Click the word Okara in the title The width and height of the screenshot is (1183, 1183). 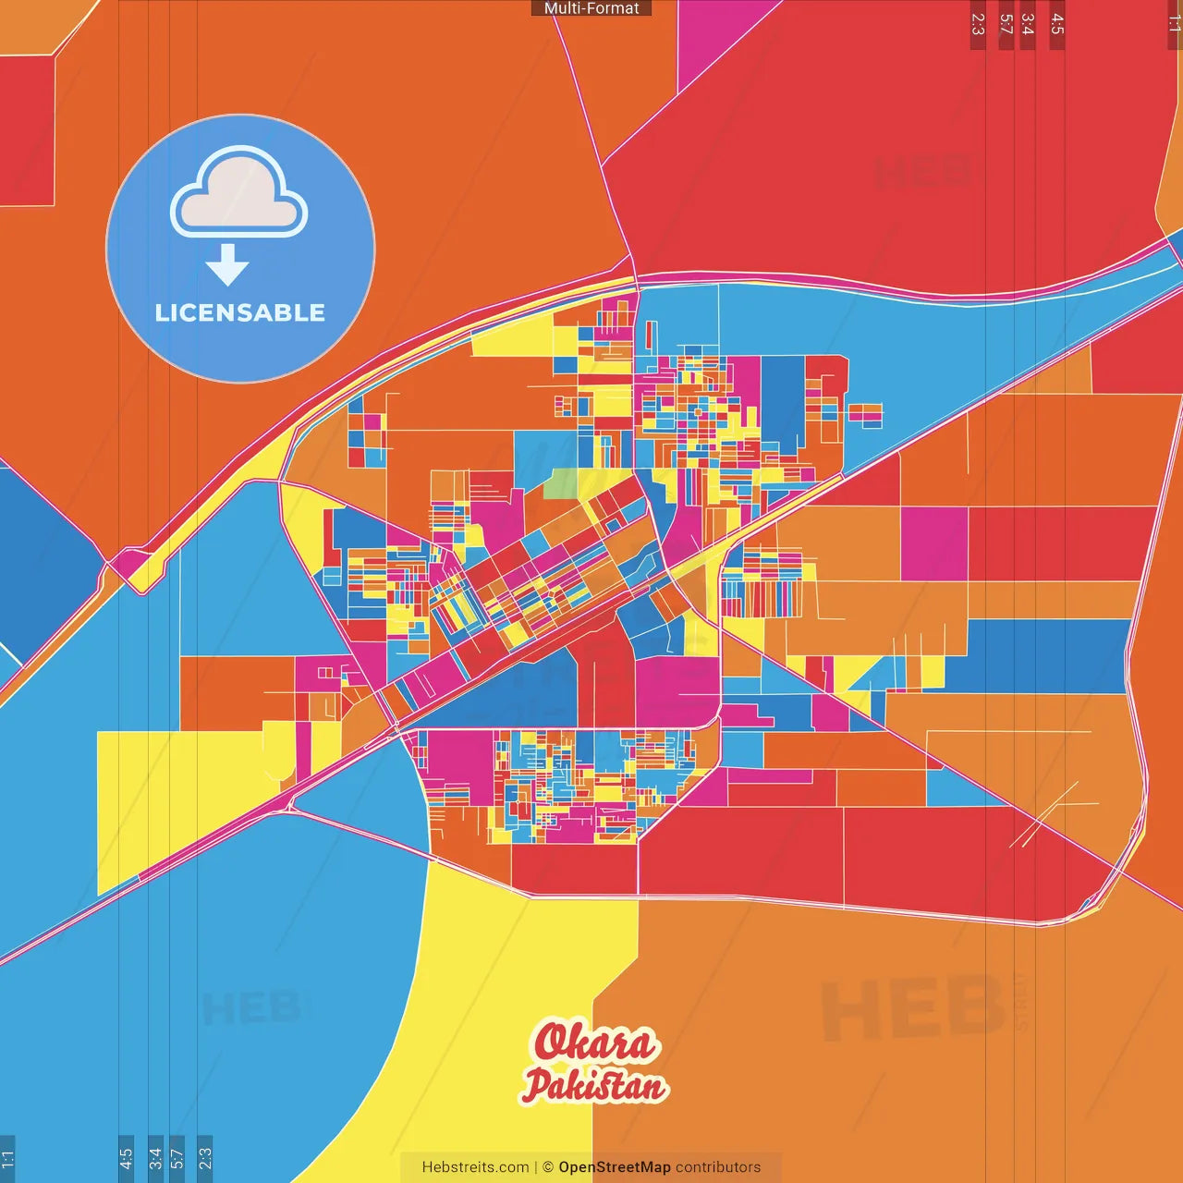pyautogui.click(x=595, y=1043)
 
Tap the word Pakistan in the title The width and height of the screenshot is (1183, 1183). pyautogui.click(x=595, y=1085)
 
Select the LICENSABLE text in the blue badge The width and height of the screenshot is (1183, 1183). pyautogui.click(x=240, y=312)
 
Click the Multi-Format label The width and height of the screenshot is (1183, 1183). pyautogui.click(x=591, y=8)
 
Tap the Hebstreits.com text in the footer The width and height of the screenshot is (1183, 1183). pyautogui.click(x=475, y=1167)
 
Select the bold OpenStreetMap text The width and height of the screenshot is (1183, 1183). pyautogui.click(x=614, y=1167)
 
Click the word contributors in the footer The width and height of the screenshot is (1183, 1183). pyautogui.click(x=718, y=1167)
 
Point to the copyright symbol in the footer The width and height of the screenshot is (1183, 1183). pyautogui.click(x=548, y=1167)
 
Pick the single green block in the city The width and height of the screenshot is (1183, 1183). pyautogui.click(x=561, y=483)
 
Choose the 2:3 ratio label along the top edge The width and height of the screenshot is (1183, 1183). pyautogui.click(x=978, y=24)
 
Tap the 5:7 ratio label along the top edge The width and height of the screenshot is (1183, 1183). pyautogui.click(x=1006, y=24)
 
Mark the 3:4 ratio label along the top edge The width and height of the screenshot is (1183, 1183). pyautogui.click(x=1028, y=24)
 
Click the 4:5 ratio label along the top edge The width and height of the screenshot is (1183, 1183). pyautogui.click(x=1057, y=24)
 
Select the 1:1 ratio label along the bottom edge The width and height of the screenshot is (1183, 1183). pyautogui.click(x=7, y=1158)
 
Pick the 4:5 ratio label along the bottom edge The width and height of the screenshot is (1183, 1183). pyautogui.click(x=126, y=1158)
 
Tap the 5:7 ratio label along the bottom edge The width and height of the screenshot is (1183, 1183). pyautogui.click(x=177, y=1158)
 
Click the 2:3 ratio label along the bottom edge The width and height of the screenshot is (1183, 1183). pyautogui.click(x=205, y=1158)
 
